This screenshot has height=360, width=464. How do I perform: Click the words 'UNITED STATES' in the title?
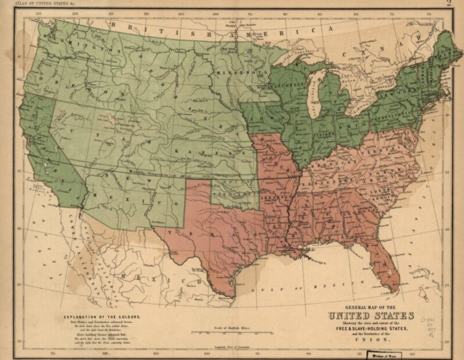[371, 316]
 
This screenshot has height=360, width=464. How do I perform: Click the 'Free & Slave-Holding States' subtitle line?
[371, 329]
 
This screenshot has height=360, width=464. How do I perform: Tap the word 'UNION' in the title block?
[371, 340]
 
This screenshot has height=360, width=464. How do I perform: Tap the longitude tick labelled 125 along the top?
[38, 14]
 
